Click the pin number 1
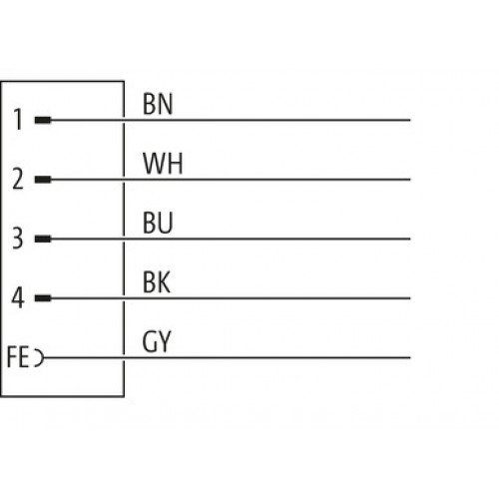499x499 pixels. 18,120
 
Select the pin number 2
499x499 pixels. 18,179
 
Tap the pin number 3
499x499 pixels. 18,239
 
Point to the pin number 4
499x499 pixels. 18,297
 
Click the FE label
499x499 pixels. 18,357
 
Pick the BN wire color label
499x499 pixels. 158,104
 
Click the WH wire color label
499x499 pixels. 163,164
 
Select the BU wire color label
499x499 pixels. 158,223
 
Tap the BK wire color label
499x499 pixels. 157,282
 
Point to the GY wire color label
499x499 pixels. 157,341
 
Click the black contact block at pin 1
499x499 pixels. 43,120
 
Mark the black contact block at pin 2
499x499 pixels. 43,180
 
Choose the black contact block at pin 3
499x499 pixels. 43,239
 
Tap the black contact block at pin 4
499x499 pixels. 43,298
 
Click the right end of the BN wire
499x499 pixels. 410,120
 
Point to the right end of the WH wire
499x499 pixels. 410,180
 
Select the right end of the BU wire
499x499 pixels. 410,239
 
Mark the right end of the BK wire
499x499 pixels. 410,298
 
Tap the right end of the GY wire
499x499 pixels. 410,358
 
